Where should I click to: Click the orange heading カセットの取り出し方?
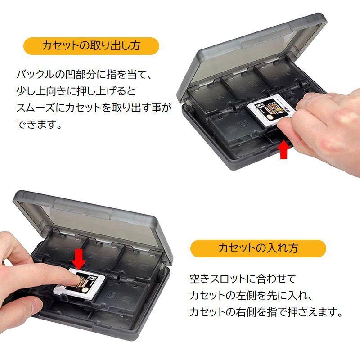tap(91, 45)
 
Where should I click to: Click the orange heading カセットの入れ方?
tap(258, 248)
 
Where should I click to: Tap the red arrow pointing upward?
tap(283, 150)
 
